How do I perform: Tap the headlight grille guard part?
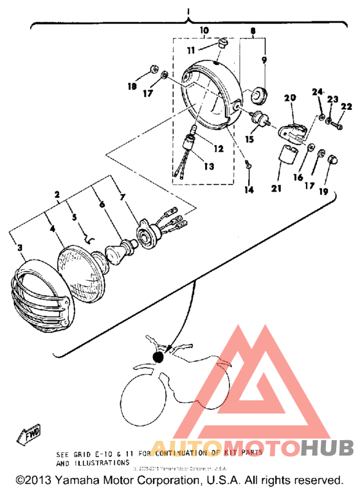click(x=40, y=296)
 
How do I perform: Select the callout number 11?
click(x=190, y=49)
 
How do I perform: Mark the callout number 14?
click(x=249, y=190)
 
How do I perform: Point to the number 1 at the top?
click(x=188, y=12)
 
